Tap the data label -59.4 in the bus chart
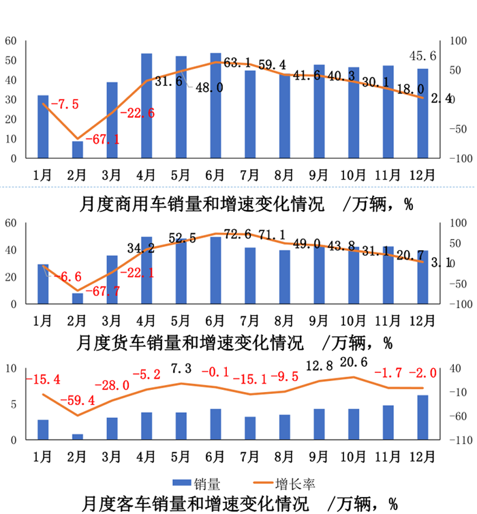[77, 400]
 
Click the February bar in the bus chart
[78, 437]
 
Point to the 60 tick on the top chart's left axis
[11, 41]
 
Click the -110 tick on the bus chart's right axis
[460, 440]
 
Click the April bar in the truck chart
[147, 270]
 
